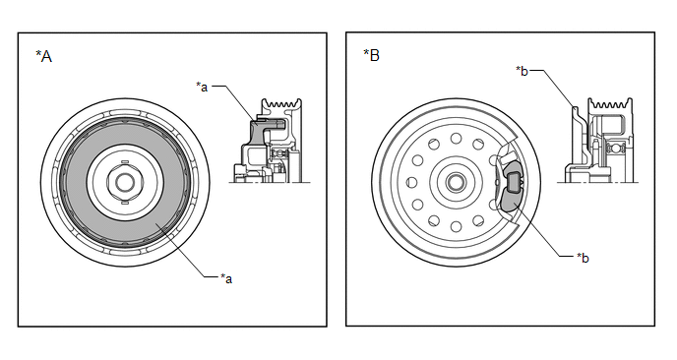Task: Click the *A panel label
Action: tap(43, 56)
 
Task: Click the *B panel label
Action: tap(371, 55)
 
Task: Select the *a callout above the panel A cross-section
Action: tap(202, 87)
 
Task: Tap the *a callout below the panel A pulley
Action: tap(226, 278)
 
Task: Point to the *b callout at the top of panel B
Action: tap(522, 71)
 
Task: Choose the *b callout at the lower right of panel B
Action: tap(583, 258)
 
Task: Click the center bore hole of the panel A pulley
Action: tap(125, 182)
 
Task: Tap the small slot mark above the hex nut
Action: tap(124, 161)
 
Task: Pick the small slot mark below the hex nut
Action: tap(124, 202)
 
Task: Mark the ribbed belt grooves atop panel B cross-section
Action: tap(610, 103)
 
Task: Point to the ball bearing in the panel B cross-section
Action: tap(613, 150)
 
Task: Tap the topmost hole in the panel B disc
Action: tap(456, 138)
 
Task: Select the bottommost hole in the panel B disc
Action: tap(456, 226)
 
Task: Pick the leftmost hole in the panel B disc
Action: tap(412, 182)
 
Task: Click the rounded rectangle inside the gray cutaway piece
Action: tap(514, 181)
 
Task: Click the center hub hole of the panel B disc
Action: tap(456, 182)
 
